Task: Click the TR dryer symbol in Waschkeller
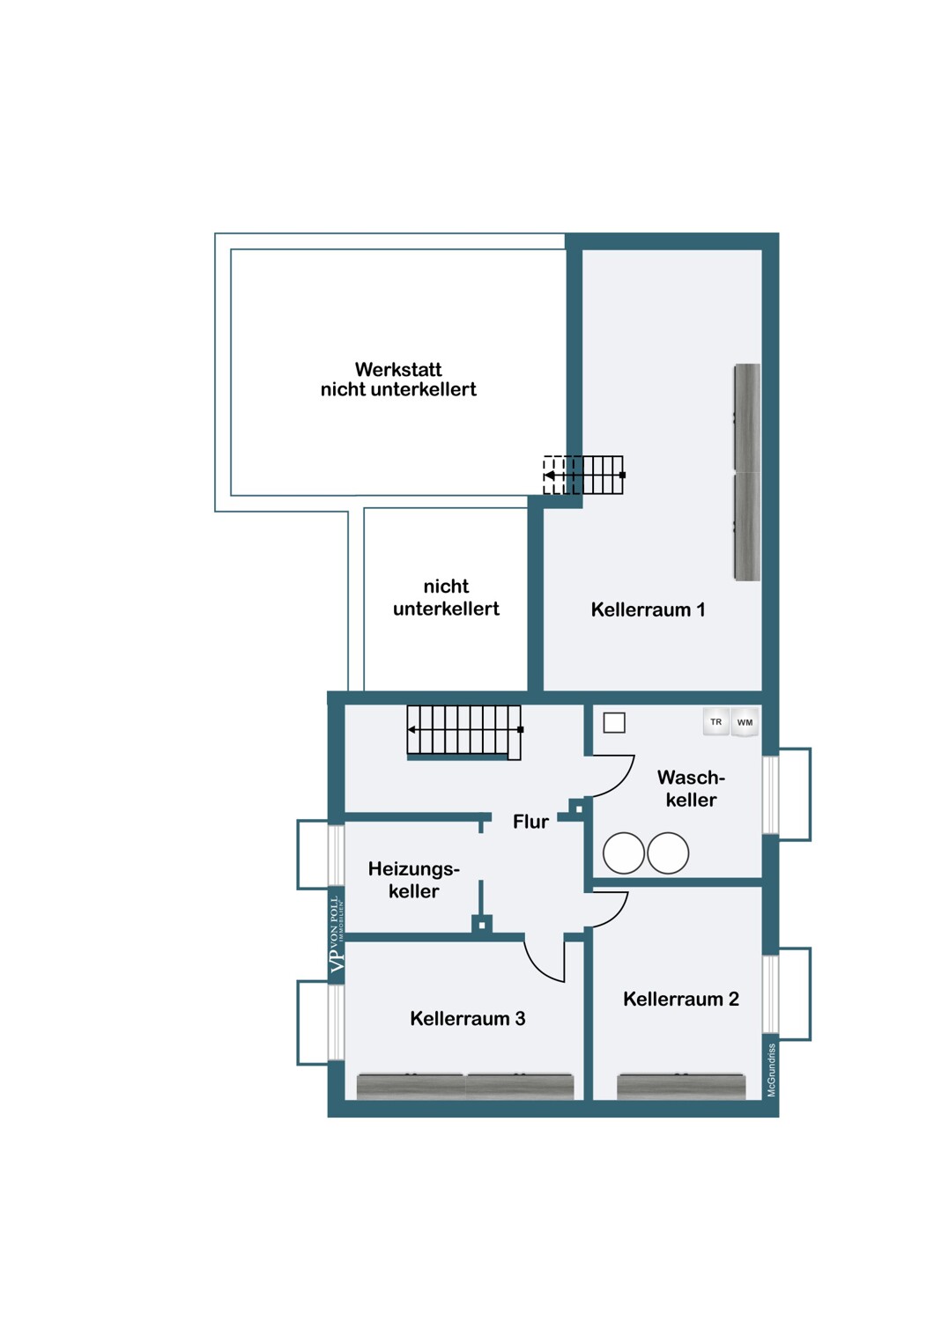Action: pyautogui.click(x=715, y=722)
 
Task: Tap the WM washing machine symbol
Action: pyautogui.click(x=745, y=722)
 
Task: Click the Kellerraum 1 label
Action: pyautogui.click(x=648, y=609)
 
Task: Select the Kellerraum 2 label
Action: pyautogui.click(x=681, y=999)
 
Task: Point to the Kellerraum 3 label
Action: pyautogui.click(x=467, y=1018)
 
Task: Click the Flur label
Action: pyautogui.click(x=530, y=822)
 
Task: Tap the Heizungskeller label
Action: pyautogui.click(x=413, y=879)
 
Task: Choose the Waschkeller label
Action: pyautogui.click(x=691, y=788)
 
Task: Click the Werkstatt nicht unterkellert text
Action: pyautogui.click(x=398, y=380)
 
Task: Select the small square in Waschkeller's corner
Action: pyautogui.click(x=613, y=722)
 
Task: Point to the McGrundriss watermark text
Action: pyautogui.click(x=771, y=1070)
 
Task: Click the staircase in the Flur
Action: pyautogui.click(x=464, y=732)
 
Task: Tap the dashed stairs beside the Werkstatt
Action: pyautogui.click(x=583, y=475)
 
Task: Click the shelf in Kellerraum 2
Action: pyautogui.click(x=680, y=1086)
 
